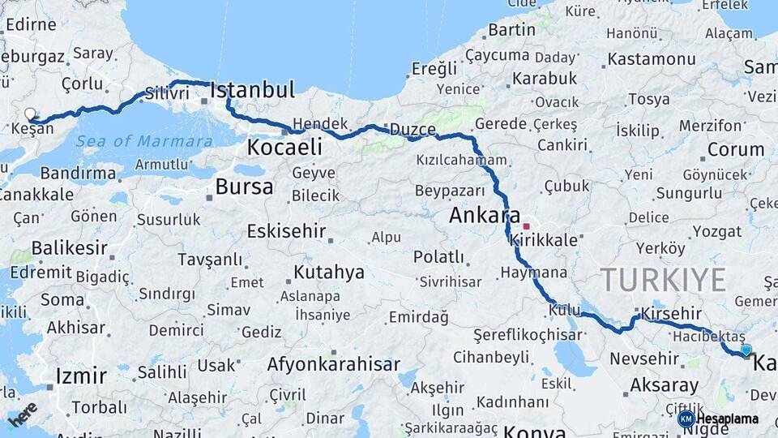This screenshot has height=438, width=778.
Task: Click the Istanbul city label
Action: click(252, 90)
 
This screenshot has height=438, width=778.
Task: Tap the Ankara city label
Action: click(484, 216)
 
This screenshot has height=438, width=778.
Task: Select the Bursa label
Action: click(244, 187)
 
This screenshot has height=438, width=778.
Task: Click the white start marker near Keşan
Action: click(31, 114)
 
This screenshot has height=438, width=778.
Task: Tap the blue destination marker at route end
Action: click(746, 350)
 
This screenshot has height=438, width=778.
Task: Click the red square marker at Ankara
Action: click(526, 226)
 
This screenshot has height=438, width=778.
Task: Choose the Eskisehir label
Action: click(286, 230)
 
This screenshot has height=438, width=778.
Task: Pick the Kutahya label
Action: click(329, 272)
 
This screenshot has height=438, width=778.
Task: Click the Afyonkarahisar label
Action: click(333, 364)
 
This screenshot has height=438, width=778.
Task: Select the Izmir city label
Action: click(81, 376)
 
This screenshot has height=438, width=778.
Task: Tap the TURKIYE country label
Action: click(663, 280)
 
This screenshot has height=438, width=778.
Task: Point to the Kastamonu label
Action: click(652, 59)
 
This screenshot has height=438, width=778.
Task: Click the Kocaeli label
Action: click(284, 147)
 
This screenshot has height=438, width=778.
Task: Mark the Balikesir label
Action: click(69, 247)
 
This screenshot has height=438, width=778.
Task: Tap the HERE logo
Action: click(23, 414)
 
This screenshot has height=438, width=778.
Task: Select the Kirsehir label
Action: click(670, 313)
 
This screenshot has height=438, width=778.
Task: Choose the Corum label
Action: click(736, 149)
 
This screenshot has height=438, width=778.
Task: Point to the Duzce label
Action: click(413, 130)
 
